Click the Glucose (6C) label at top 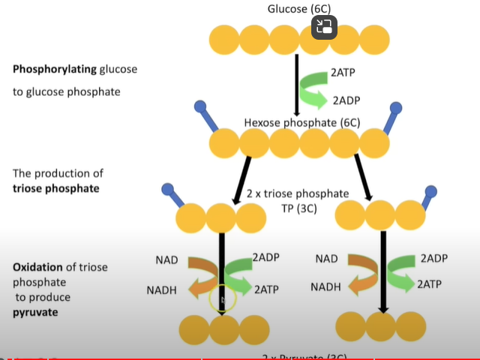click(x=299, y=9)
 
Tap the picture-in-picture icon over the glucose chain click(x=324, y=28)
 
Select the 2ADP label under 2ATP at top click(x=346, y=100)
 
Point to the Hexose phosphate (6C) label click(x=302, y=122)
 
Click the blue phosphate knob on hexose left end click(x=200, y=107)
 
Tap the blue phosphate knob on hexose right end click(x=397, y=108)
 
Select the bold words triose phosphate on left click(x=55, y=188)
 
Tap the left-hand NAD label click(x=166, y=260)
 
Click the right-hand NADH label click(x=325, y=286)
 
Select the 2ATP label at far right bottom click(x=429, y=284)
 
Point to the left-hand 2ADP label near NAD click(x=265, y=257)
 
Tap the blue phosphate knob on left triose click(x=168, y=190)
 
